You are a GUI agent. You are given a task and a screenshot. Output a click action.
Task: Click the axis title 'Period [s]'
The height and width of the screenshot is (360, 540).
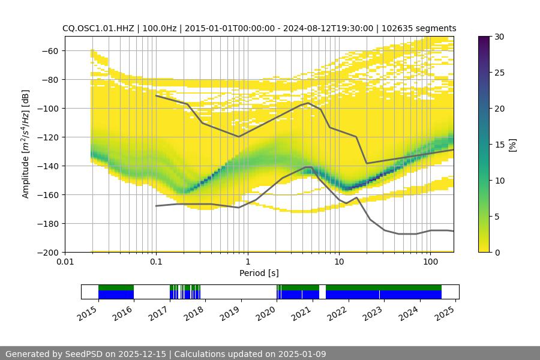(x=259, y=274)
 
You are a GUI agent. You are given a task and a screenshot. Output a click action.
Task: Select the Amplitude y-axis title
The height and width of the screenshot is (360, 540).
(x=25, y=144)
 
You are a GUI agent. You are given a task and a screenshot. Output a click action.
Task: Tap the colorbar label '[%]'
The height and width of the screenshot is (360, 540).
(x=512, y=144)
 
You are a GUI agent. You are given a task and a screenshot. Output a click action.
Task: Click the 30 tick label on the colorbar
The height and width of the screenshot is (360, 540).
(x=499, y=37)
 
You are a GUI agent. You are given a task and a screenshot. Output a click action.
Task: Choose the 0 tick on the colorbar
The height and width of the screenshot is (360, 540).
(x=497, y=252)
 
